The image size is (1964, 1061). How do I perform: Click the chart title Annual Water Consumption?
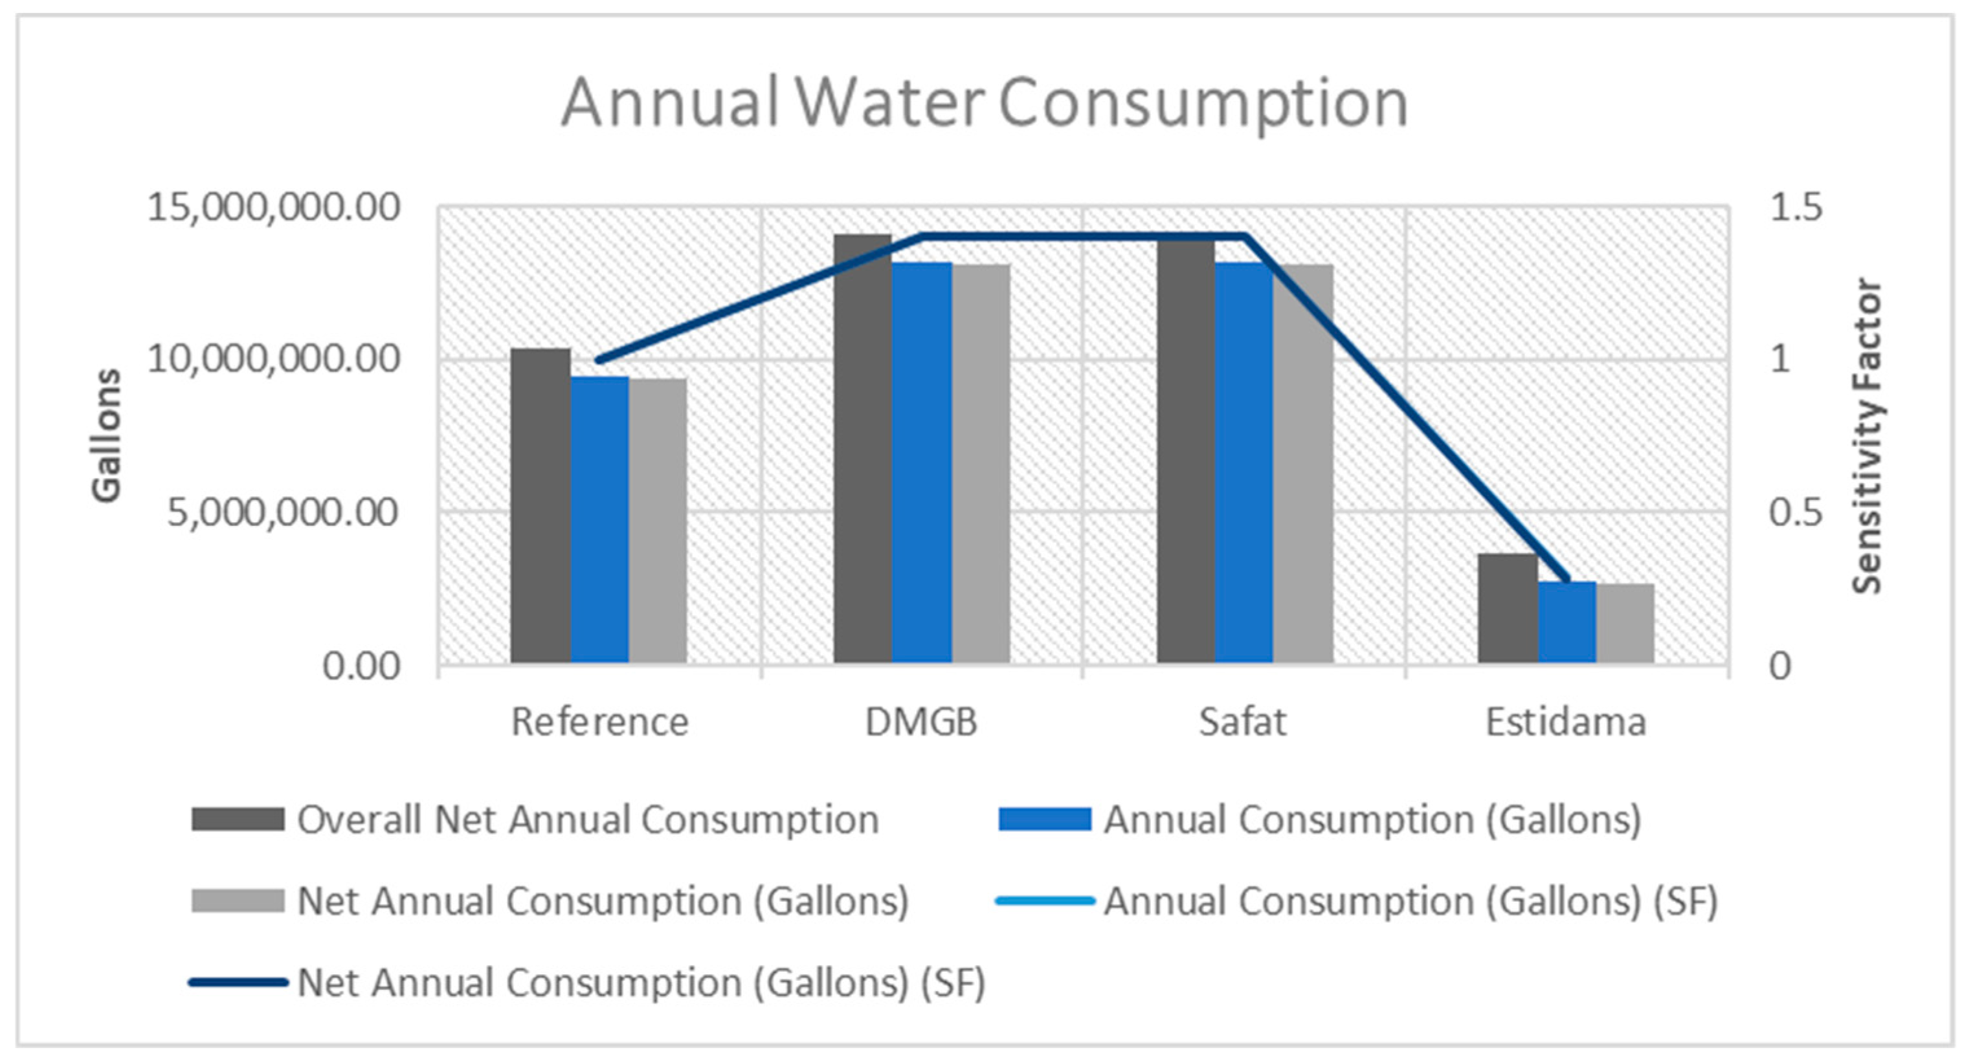point(983,103)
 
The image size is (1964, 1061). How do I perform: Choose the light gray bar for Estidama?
point(1625,624)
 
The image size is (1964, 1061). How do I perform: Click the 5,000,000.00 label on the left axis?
point(283,512)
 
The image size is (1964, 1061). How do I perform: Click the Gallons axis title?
point(107,436)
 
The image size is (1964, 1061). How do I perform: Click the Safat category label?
point(1242,722)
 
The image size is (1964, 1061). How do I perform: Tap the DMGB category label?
point(921,722)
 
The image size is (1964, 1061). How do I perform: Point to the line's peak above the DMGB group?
point(922,236)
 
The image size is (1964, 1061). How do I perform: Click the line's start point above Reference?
point(599,360)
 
